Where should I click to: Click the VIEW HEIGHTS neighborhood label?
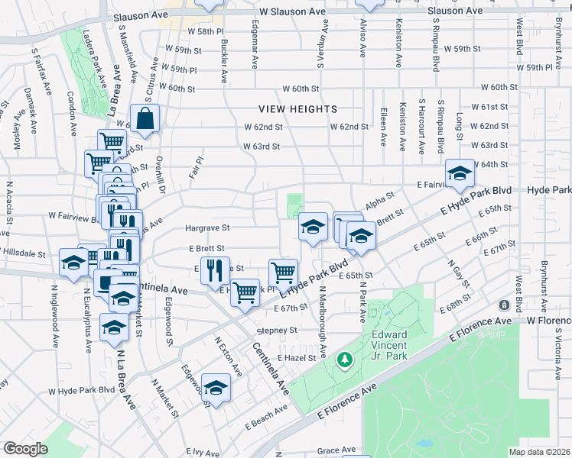[x=298, y=109]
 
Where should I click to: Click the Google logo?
[x=25, y=448]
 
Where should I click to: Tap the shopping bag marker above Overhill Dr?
[x=145, y=119]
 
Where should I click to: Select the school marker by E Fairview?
[x=460, y=173]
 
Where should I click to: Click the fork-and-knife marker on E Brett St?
[x=214, y=269]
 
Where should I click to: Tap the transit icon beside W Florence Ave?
[x=504, y=305]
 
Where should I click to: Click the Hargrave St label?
[x=208, y=227]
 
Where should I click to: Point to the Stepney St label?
[x=277, y=331]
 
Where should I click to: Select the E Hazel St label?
[x=297, y=357]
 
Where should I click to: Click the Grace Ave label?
[x=337, y=450]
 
